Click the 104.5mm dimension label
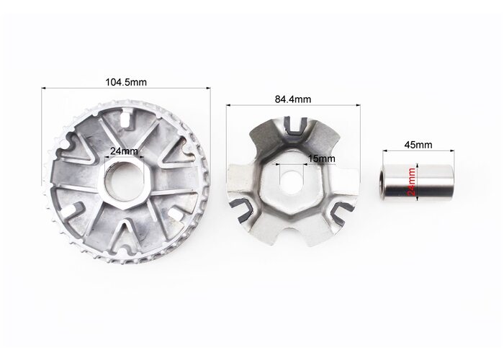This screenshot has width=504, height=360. [126, 82]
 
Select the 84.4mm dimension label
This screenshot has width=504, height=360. [293, 99]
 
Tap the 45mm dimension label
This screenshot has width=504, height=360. [418, 145]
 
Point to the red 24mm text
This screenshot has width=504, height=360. [411, 181]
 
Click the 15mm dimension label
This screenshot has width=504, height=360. [321, 158]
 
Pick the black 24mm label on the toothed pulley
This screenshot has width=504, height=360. [124, 151]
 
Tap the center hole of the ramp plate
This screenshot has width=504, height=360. [291, 183]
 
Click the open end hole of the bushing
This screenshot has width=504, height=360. [383, 182]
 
